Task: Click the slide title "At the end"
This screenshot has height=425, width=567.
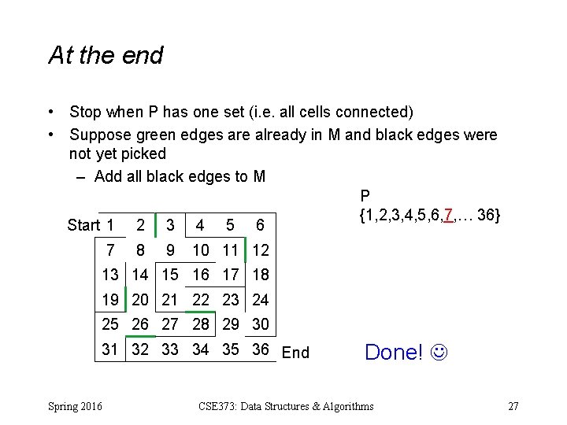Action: click(x=106, y=56)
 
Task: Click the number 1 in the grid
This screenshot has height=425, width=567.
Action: click(x=110, y=225)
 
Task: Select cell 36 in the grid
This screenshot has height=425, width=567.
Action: click(x=261, y=349)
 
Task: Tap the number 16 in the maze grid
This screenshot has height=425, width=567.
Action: click(x=201, y=275)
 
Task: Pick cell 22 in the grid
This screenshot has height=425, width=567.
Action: click(x=201, y=300)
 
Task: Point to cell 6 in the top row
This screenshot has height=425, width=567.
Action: click(x=260, y=225)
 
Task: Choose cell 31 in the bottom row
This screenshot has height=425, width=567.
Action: click(x=110, y=349)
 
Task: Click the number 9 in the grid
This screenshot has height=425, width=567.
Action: click(x=170, y=250)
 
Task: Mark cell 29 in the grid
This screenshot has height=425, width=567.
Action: click(x=231, y=324)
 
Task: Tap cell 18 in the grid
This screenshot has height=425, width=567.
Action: click(x=261, y=275)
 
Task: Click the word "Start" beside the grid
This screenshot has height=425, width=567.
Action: click(x=83, y=226)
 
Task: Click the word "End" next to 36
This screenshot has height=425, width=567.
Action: click(x=295, y=353)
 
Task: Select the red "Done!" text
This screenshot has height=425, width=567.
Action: click(x=394, y=352)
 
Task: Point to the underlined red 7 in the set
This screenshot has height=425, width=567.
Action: click(x=448, y=214)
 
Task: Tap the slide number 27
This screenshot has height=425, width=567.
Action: click(x=513, y=406)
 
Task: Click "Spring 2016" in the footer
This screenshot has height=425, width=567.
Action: click(x=74, y=406)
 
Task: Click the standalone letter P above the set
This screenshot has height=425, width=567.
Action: click(x=365, y=196)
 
